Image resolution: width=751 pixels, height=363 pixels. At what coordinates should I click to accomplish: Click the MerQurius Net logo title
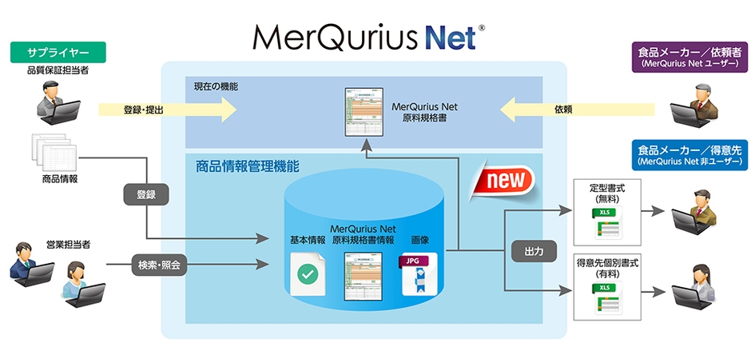point(367,36)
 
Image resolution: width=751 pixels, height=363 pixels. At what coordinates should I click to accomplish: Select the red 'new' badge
point(503,180)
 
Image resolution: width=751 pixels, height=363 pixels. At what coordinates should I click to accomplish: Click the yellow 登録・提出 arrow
point(168,110)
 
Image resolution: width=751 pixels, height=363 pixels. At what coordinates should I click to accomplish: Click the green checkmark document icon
point(308,275)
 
